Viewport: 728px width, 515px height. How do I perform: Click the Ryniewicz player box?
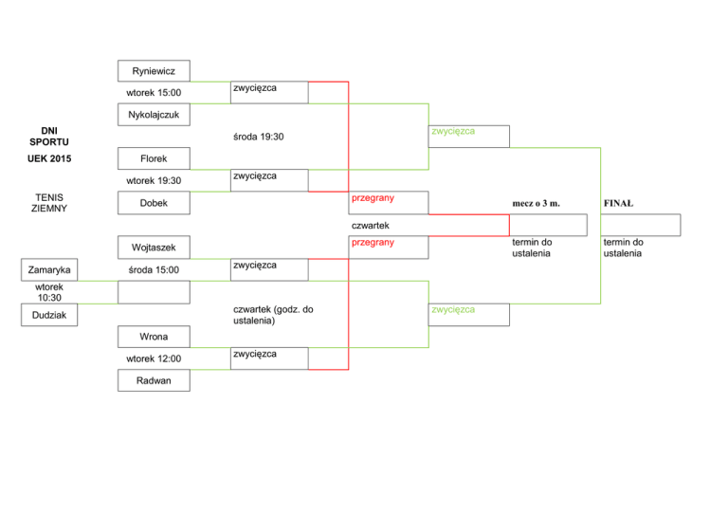click(154, 70)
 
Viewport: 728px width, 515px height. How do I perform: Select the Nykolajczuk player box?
click(154, 115)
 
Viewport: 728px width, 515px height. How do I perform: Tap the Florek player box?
click(154, 158)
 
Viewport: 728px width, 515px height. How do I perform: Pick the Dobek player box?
click(154, 203)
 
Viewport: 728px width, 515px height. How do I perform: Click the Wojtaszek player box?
click(154, 247)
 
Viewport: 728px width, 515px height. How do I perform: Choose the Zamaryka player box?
click(49, 269)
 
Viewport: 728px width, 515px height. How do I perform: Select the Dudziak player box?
click(49, 315)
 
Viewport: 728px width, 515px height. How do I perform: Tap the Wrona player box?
click(154, 336)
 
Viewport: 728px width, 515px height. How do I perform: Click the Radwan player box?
click(154, 380)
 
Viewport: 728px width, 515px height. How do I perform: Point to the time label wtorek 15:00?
click(154, 92)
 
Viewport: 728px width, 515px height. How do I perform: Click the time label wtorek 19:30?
click(154, 180)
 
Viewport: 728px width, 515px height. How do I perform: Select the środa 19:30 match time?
click(259, 137)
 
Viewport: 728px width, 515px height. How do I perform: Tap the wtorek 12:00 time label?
click(154, 359)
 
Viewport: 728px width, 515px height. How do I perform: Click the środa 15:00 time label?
click(154, 269)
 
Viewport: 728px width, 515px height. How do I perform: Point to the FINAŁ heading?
click(618, 203)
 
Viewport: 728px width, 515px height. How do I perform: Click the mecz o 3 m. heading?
click(537, 203)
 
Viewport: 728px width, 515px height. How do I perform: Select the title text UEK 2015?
click(49, 158)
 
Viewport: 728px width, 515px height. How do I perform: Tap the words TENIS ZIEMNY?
click(49, 203)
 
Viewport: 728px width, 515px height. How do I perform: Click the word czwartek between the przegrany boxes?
click(371, 226)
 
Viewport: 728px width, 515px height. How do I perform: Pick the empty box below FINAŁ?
click(641, 225)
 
